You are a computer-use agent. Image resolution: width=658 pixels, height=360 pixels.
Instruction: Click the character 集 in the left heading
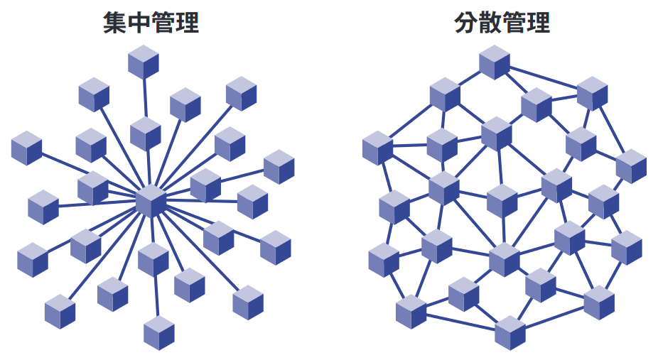click(x=115, y=23)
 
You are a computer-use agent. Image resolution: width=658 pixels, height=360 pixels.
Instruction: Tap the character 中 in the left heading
click(x=139, y=23)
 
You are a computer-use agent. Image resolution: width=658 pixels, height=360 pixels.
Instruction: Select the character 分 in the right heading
click(x=467, y=23)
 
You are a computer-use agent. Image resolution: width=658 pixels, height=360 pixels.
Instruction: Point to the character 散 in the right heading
click(x=490, y=23)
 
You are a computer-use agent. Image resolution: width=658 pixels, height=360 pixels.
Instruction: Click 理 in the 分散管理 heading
click(x=539, y=23)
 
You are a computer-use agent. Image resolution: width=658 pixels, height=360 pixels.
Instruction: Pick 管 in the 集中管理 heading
click(x=163, y=23)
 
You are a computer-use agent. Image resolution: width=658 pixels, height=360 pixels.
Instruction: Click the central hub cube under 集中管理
click(x=151, y=202)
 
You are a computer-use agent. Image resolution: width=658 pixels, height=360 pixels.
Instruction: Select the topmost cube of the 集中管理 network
click(x=144, y=62)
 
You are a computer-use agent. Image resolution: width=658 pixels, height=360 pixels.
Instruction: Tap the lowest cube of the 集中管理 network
click(x=159, y=333)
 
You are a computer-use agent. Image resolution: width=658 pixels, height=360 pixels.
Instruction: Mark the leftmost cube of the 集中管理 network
click(x=26, y=148)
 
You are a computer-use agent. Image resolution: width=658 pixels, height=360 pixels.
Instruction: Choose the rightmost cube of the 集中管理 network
click(x=279, y=167)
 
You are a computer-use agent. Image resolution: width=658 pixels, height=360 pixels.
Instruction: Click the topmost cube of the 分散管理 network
click(x=495, y=62)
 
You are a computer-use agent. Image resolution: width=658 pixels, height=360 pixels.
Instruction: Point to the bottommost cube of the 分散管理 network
click(x=510, y=333)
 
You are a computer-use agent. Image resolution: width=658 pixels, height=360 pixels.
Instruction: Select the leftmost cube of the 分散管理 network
click(x=378, y=148)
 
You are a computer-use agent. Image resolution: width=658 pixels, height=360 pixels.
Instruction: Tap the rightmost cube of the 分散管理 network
click(x=631, y=166)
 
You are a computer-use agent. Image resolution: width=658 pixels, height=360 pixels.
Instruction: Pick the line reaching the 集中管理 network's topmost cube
click(x=145, y=97)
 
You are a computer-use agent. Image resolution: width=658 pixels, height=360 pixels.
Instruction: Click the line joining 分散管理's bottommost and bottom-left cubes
click(x=460, y=322)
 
